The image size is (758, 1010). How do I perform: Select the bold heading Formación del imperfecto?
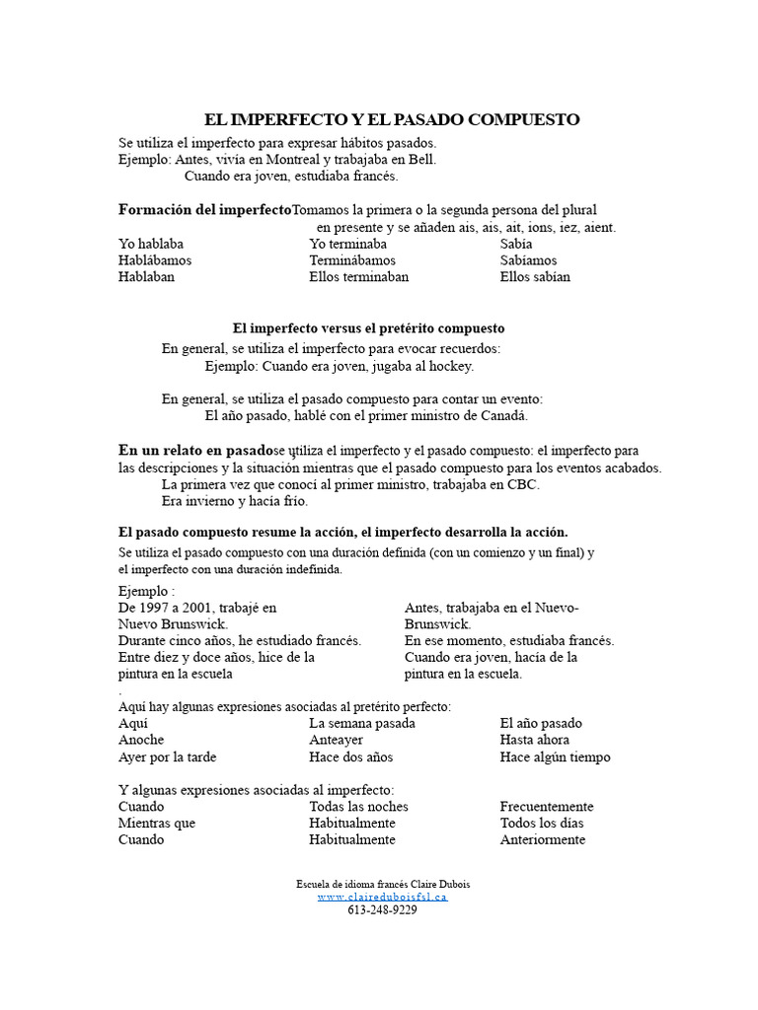[205, 209]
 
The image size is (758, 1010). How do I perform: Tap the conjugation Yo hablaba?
[151, 244]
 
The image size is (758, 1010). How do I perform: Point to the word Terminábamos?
[352, 260]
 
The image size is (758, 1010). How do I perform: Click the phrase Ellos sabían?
[535, 277]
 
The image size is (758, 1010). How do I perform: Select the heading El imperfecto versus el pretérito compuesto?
[368, 327]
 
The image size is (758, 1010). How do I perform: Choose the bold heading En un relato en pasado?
[195, 450]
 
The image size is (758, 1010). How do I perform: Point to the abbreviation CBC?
[524, 485]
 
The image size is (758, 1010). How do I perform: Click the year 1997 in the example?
[155, 608]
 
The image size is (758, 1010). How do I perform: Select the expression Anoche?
[141, 740]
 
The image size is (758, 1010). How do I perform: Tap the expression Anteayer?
[336, 740]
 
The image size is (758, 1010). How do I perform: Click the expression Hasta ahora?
[534, 740]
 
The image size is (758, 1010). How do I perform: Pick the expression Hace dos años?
[350, 757]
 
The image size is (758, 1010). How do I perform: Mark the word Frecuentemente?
[547, 806]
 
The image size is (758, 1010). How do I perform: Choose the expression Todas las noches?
[358, 806]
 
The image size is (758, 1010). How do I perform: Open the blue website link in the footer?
[383, 898]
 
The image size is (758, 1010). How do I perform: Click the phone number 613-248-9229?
[383, 910]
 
